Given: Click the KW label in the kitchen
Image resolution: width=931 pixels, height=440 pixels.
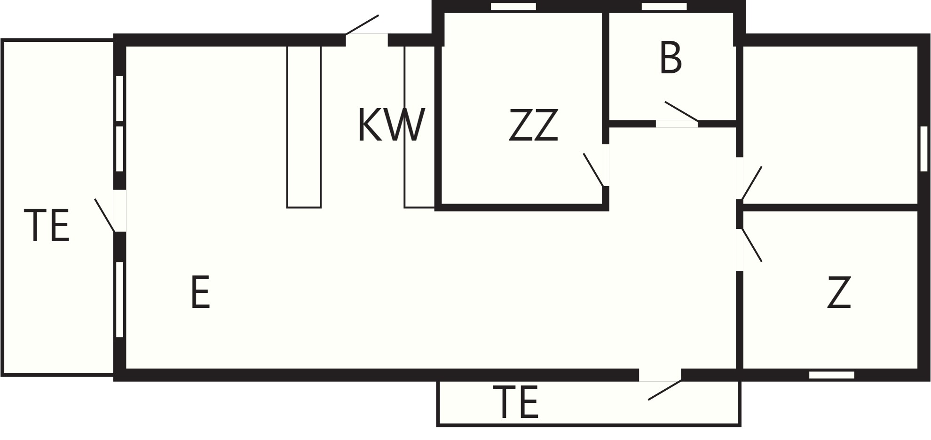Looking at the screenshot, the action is pos(391,125).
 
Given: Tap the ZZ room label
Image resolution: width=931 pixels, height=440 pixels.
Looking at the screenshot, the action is pos(534,125).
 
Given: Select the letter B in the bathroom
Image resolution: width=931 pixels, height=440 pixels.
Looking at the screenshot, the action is pos(671,58).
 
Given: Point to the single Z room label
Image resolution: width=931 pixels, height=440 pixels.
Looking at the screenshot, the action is pos(839,292).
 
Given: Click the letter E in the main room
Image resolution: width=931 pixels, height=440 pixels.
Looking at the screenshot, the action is pos(200,292).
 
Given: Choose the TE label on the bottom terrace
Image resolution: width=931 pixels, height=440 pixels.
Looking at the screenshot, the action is pos(516,402).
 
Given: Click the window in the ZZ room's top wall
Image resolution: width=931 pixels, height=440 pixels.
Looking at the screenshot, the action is pos(513,7).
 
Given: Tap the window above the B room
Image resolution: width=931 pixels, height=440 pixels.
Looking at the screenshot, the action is pos(664,7).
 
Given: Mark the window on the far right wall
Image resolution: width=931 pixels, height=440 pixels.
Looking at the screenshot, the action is pos(924,149).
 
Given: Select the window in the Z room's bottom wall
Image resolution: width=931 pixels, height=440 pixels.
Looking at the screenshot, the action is pos(832,375).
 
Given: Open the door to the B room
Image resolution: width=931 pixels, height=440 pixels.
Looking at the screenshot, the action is pos(681,111).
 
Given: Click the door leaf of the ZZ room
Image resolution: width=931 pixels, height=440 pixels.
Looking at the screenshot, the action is pos(594,170).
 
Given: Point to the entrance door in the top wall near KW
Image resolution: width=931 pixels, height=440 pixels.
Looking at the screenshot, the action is pos(362,24).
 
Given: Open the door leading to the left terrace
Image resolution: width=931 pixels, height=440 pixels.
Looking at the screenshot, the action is pos(104,215).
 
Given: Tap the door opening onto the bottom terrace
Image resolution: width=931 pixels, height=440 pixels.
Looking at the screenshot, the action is pos(665,390).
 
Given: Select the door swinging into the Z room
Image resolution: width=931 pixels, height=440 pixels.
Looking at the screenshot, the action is pos(751,244).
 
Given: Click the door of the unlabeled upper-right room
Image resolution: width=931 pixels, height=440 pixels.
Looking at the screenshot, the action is pos(751,183).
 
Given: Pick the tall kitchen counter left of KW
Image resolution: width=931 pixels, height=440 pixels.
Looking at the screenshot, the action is pos(304,127).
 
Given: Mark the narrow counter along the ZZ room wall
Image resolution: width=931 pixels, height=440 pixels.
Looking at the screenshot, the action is pos(419,127).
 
